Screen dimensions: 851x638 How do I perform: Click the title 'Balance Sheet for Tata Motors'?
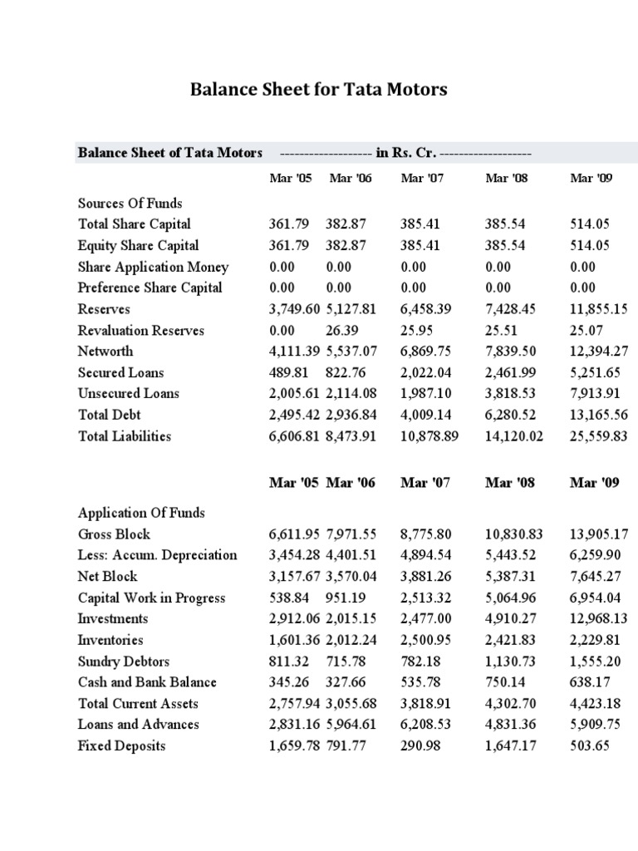pos(318,89)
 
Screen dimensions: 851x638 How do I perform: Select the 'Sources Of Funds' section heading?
pos(130,203)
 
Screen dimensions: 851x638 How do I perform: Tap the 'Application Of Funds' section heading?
pos(141,513)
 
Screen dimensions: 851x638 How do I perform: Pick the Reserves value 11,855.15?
pos(598,309)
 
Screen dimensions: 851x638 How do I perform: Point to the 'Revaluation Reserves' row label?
pos(140,330)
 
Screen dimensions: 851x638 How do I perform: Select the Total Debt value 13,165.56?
pos(598,415)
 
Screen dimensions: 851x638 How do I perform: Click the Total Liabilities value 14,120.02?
pos(513,436)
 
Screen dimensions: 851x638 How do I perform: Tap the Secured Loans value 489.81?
pos(289,372)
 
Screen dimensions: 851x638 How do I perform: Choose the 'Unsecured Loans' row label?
pos(128,393)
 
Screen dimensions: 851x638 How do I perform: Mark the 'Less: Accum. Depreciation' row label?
pos(157,555)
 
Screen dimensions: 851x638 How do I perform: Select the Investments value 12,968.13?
pos(598,618)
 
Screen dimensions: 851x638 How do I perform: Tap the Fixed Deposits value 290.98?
pos(421,745)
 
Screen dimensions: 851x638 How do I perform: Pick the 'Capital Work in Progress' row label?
pos(151,598)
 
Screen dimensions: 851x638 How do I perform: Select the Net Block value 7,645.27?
pos(595,577)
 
